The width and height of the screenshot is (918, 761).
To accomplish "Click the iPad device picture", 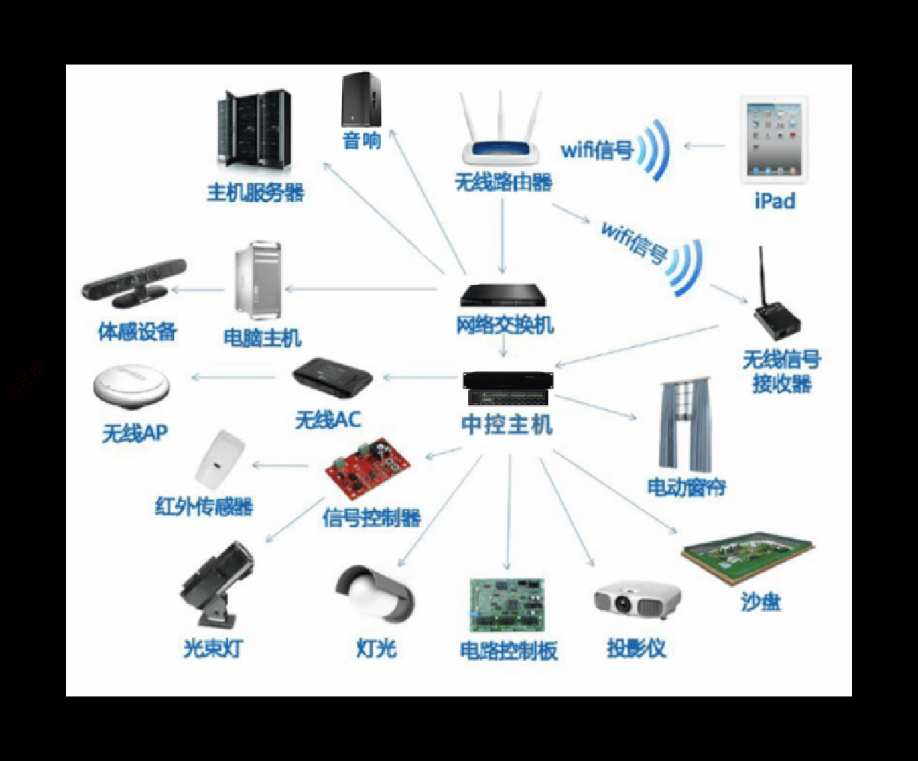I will (774, 140).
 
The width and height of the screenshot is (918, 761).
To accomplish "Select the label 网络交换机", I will (505, 326).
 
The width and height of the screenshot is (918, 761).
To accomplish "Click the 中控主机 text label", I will (507, 425).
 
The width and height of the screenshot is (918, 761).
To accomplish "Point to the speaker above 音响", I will (361, 99).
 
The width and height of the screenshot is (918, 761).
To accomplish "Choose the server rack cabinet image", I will (254, 128).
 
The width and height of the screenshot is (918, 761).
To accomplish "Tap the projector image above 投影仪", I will (637, 600).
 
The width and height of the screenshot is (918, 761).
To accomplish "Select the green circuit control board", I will (507, 604).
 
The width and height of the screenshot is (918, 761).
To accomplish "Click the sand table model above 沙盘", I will (748, 560).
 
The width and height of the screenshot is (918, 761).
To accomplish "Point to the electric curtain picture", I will (683, 425).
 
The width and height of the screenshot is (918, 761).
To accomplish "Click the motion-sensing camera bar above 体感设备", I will (134, 281).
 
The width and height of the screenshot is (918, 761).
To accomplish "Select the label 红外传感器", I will (204, 507).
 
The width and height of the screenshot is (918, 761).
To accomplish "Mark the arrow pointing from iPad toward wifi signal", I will (704, 146).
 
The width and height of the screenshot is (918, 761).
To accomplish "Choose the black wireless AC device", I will (332, 377).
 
